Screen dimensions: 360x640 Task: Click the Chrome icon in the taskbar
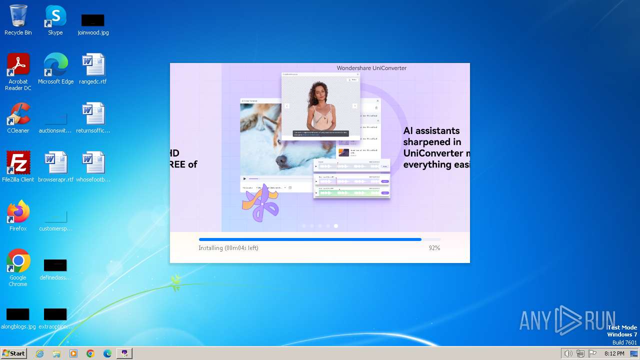pos(90,353)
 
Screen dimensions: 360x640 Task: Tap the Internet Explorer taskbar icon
pos(40,353)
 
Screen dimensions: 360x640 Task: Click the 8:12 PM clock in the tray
pos(614,353)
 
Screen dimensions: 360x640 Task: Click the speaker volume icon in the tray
pos(568,353)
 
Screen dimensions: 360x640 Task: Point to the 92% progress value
pos(434,248)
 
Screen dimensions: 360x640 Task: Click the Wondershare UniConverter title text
pos(371,68)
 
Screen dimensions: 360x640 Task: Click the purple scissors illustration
pos(260,204)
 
